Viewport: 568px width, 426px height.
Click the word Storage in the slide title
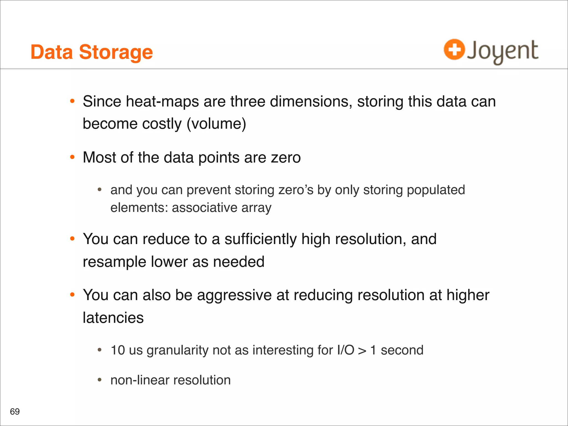coord(116,53)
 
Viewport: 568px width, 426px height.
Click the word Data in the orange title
coord(52,52)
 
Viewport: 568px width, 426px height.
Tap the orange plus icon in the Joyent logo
coord(454,50)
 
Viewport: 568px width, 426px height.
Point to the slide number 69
coord(15,412)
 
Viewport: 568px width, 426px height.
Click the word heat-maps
coord(162,102)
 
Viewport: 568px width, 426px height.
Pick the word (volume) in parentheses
coord(216,124)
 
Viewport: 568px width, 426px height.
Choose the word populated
coord(436,190)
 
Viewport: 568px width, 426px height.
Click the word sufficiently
coord(260,239)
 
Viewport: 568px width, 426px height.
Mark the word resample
coord(115,262)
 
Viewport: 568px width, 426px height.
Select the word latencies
coord(113,318)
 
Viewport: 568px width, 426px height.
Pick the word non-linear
coord(140,380)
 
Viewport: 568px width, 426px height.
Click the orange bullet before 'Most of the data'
coord(72,157)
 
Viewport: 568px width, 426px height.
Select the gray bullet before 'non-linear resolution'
coord(100,380)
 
